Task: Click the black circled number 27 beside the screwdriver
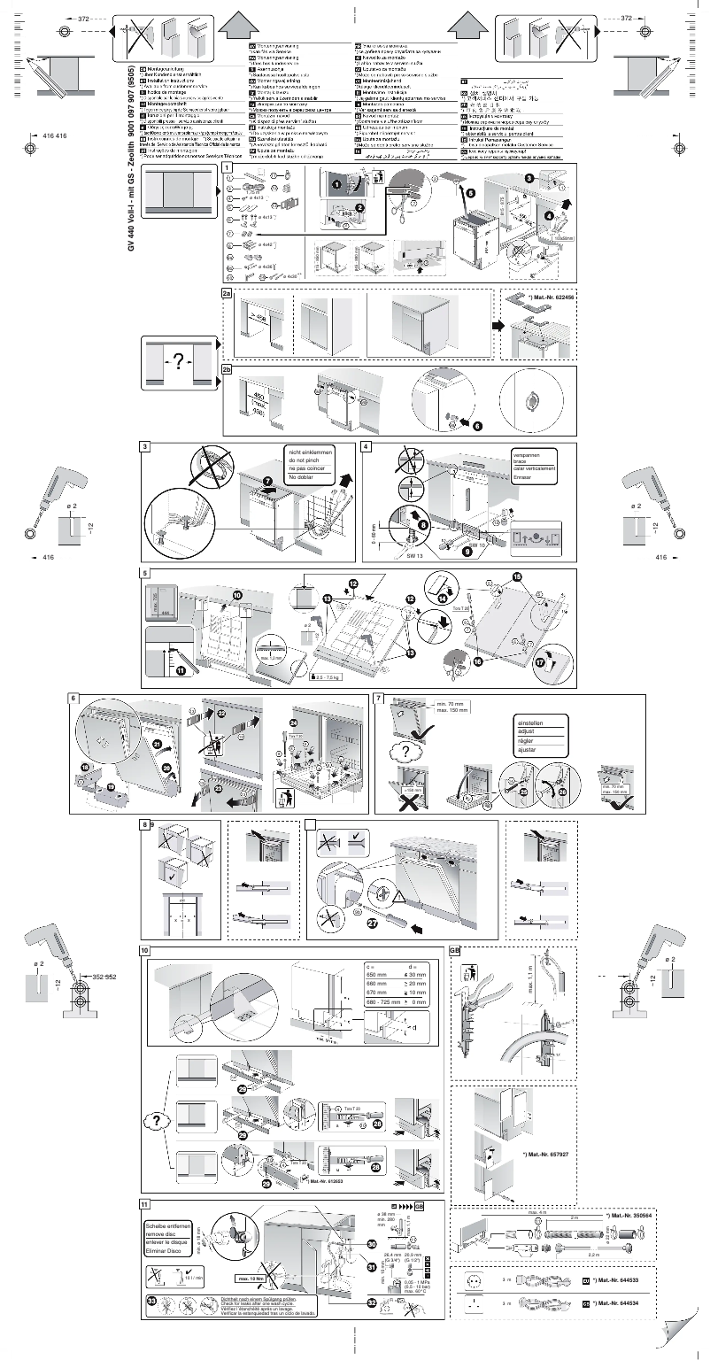372,922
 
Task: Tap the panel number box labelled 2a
227,291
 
